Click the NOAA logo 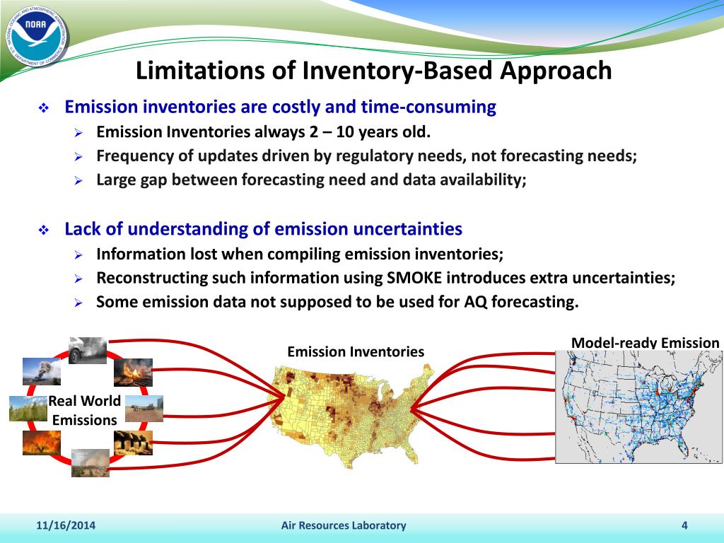37,37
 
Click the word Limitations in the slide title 199,71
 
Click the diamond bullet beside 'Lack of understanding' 44,230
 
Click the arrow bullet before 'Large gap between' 78,181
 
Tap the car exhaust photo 88,351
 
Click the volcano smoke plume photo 42,372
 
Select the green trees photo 28,409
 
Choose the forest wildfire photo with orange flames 42,443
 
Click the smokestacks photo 133,443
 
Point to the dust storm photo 90,463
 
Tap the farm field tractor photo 144,409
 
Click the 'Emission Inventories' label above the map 356,352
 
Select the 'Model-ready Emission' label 645,343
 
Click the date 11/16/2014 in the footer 66,525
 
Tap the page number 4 684,525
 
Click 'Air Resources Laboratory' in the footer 344,525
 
